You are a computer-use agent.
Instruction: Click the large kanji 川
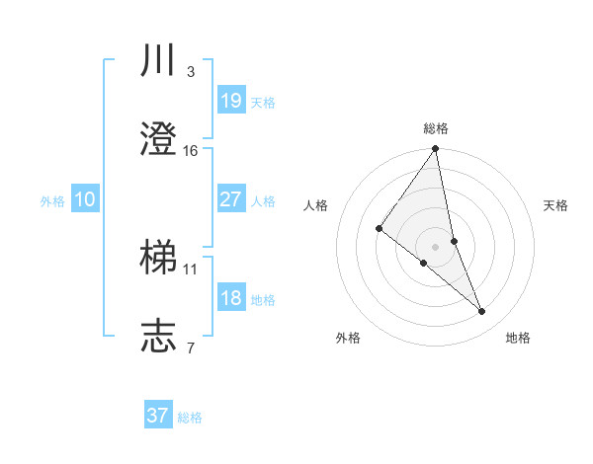158,62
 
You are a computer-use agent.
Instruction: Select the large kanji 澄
158,141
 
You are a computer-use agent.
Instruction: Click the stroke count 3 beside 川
190,72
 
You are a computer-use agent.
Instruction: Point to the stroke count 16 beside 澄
191,151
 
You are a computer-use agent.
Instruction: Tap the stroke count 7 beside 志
190,348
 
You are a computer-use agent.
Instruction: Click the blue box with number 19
230,101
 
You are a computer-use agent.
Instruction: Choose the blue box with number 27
230,199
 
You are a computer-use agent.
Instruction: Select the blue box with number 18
230,298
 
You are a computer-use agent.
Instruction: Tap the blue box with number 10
84,199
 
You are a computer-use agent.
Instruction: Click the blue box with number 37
157,416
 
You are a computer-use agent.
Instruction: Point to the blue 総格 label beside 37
190,418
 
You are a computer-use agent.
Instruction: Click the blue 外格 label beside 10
52,201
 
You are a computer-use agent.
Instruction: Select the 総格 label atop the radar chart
436,128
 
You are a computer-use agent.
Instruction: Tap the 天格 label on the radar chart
556,205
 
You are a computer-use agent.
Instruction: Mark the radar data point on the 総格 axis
436,149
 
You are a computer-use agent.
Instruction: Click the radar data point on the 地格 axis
482,311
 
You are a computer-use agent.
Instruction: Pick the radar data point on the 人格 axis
380,228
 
